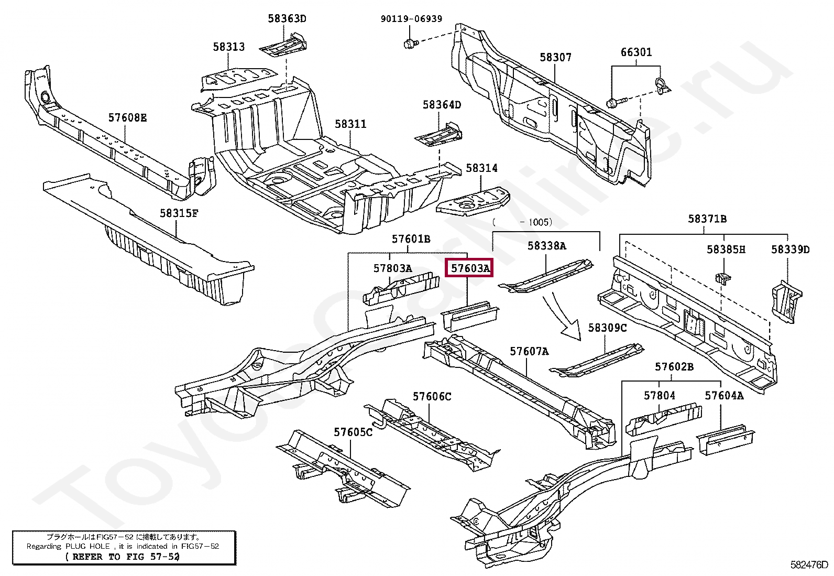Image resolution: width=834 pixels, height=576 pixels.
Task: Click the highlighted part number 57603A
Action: pos(470,269)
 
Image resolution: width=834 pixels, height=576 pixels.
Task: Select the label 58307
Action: pos(555,57)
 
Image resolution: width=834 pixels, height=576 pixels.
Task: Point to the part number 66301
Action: pos(636,52)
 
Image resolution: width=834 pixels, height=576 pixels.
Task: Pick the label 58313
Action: pos(228,47)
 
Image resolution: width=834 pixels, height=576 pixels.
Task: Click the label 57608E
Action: pos(127,117)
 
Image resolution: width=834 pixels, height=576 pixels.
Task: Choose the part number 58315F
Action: pos(179,213)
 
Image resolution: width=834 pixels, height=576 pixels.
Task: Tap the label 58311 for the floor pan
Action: pos(350,124)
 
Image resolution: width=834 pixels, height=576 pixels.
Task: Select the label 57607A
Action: pos(529,351)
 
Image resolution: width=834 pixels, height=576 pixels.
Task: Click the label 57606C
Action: pos(432,397)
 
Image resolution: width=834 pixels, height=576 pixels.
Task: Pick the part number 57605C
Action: pos(353,432)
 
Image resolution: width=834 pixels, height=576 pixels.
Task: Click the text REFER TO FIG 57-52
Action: pos(123,557)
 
